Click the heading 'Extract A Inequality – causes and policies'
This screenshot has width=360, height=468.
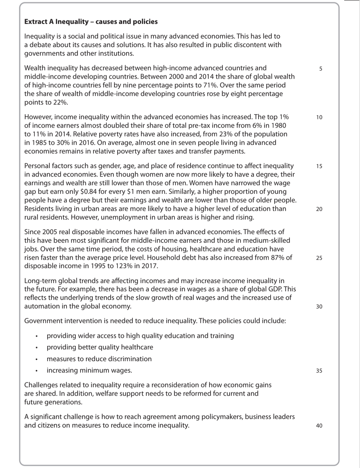tap(91, 22)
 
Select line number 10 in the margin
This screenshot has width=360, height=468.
tap(319, 118)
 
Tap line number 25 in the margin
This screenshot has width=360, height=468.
tap(319, 258)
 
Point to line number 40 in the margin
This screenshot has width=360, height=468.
tap(319, 426)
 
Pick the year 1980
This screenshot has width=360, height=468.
tap(278, 125)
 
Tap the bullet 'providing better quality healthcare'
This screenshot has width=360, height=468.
tap(100, 347)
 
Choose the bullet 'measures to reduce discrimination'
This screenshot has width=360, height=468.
tap(99, 359)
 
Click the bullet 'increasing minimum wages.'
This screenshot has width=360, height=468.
tap(89, 370)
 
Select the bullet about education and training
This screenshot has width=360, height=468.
tap(140, 336)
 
